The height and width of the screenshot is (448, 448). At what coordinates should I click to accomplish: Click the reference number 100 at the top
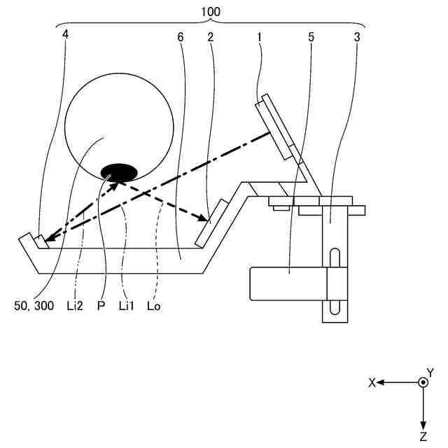[210, 12]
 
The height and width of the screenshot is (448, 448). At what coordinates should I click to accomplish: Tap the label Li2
[75, 307]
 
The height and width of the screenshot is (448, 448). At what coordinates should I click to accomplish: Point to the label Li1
[126, 307]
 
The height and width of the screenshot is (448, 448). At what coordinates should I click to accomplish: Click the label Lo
[153, 307]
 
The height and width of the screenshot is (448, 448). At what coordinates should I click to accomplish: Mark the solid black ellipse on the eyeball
[118, 171]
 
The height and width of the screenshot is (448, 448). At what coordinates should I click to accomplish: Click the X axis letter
[372, 383]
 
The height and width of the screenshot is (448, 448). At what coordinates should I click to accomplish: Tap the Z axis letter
[423, 437]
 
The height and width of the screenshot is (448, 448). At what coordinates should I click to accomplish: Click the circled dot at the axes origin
[423, 383]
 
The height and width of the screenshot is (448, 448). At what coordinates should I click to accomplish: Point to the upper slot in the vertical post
[334, 257]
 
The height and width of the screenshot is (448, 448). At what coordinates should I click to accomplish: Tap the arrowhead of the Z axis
[423, 426]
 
